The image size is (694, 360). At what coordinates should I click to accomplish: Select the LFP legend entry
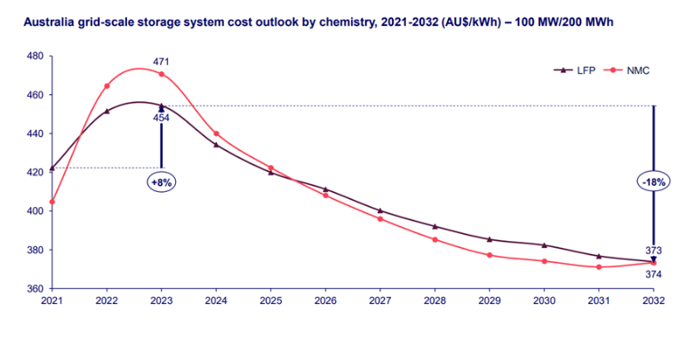pyautogui.click(x=575, y=69)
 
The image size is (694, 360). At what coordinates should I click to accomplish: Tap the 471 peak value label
pyautogui.click(x=161, y=62)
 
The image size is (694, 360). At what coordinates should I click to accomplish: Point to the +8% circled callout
pyautogui.click(x=161, y=181)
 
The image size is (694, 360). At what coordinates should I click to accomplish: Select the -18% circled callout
pyautogui.click(x=653, y=181)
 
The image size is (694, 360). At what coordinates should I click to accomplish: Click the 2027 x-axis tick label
pyautogui.click(x=379, y=302)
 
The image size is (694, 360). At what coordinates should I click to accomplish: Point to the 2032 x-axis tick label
pyautogui.click(x=653, y=302)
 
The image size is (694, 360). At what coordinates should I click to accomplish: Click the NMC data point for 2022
pyautogui.click(x=107, y=86)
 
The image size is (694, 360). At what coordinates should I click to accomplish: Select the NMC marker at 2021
pyautogui.click(x=52, y=202)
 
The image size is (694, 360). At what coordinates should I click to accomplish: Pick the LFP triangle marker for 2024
pyautogui.click(x=216, y=144)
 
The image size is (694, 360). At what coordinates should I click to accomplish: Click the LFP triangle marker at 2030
pyautogui.click(x=544, y=244)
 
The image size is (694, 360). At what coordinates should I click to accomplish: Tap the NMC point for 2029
pyautogui.click(x=489, y=255)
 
